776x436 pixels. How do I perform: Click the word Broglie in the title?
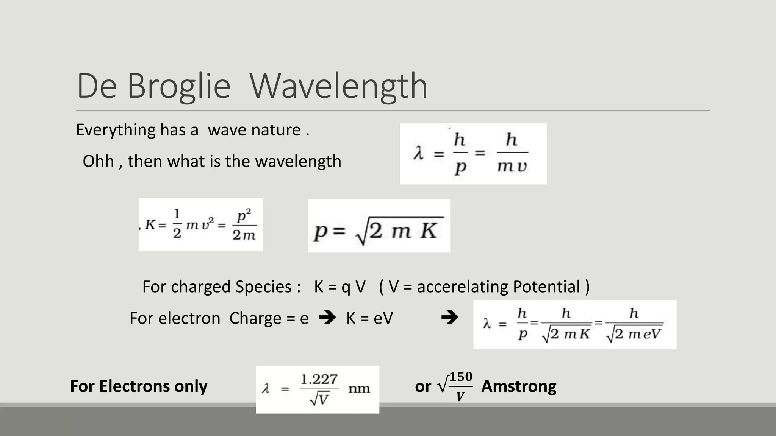click(x=178, y=86)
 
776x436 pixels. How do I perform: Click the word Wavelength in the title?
click(x=338, y=86)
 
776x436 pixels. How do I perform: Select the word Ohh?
click(x=98, y=161)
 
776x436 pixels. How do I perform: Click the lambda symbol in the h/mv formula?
click(x=418, y=154)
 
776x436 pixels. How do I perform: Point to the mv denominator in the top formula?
click(x=512, y=166)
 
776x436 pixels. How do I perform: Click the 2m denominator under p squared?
click(x=244, y=235)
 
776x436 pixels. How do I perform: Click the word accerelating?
click(x=463, y=287)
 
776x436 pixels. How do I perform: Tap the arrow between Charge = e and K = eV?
click(x=327, y=318)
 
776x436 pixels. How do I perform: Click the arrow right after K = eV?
click(x=449, y=318)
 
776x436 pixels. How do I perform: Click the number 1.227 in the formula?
click(x=319, y=379)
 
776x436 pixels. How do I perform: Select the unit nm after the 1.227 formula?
click(x=359, y=388)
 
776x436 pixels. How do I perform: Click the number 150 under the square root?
click(x=461, y=377)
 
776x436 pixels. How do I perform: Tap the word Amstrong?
click(x=519, y=386)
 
